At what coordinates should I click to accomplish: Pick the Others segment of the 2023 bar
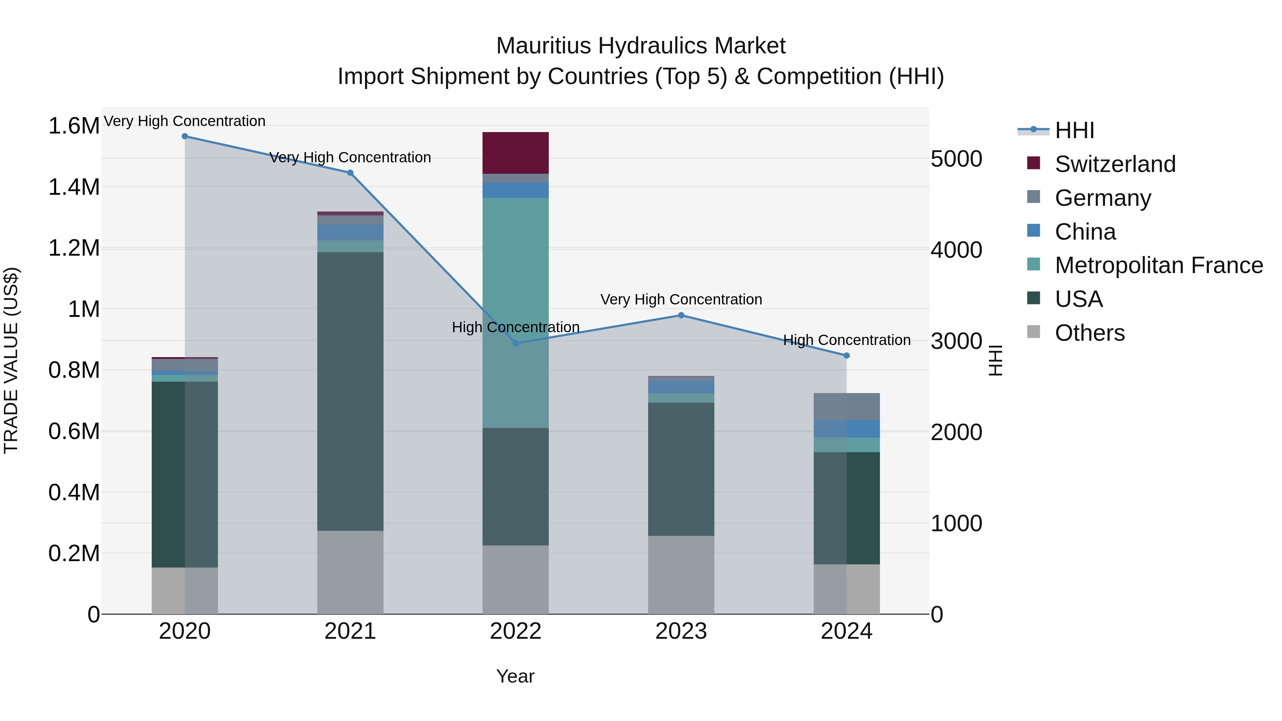click(x=681, y=575)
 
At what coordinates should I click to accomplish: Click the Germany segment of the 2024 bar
click(x=846, y=407)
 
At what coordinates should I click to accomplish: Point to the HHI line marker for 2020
click(x=184, y=136)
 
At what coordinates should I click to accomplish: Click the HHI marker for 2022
click(x=516, y=343)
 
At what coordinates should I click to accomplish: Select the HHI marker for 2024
click(x=846, y=356)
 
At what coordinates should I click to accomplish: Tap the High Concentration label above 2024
click(x=846, y=340)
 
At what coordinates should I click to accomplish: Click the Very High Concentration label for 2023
click(x=681, y=299)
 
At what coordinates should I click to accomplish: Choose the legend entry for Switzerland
click(x=1115, y=164)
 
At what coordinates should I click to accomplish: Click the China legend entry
click(x=1085, y=232)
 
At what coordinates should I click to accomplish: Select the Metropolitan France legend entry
click(x=1158, y=266)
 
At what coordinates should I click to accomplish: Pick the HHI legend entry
click(x=1074, y=130)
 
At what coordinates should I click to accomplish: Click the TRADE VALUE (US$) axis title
click(x=11, y=360)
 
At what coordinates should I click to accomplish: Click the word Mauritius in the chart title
click(x=543, y=46)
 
